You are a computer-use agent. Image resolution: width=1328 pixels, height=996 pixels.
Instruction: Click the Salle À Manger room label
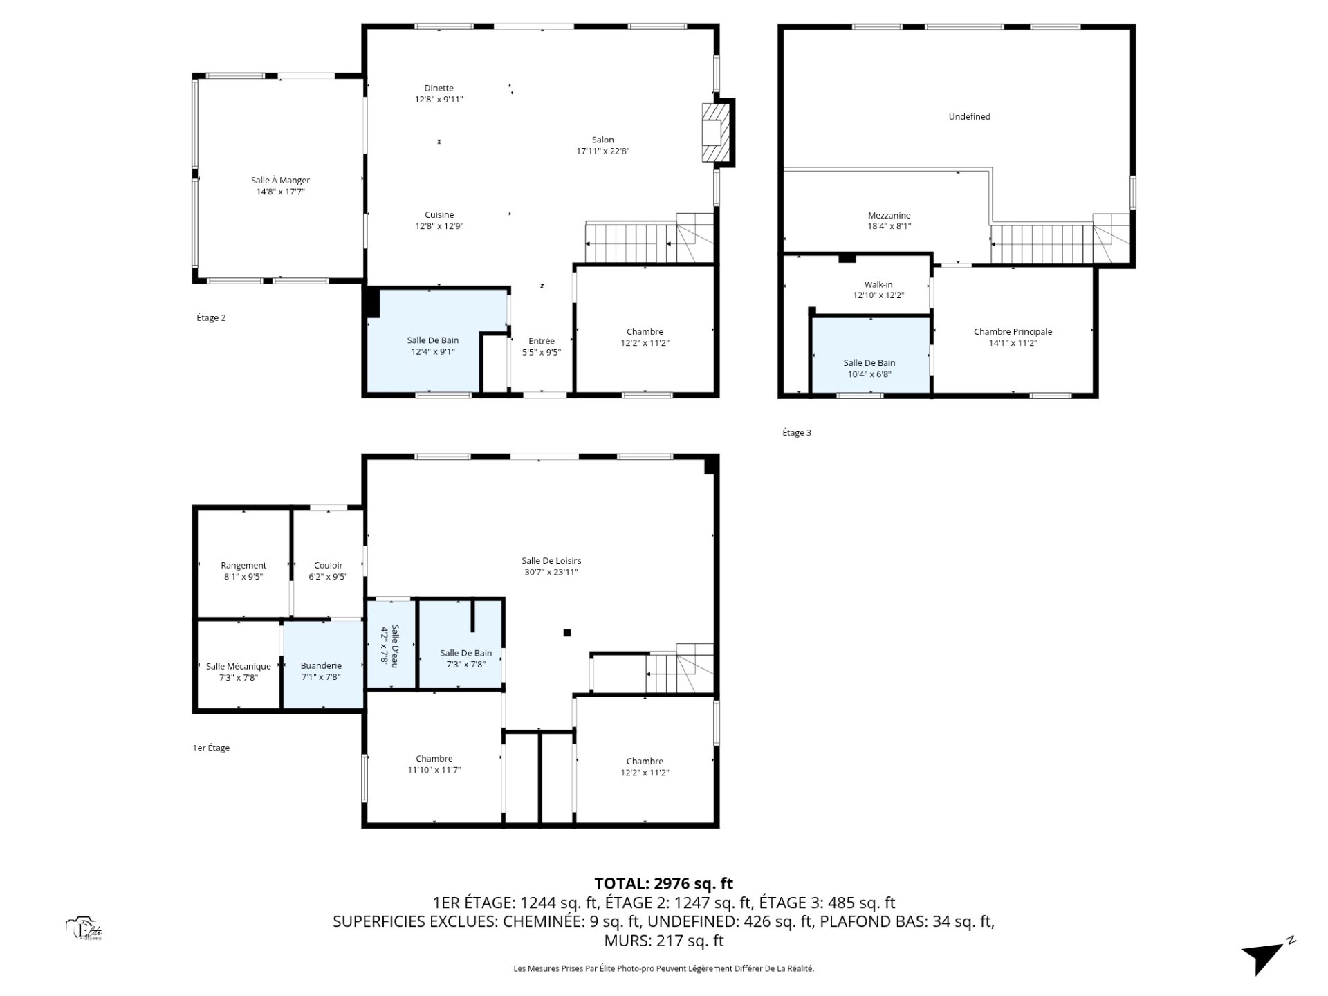pyautogui.click(x=280, y=181)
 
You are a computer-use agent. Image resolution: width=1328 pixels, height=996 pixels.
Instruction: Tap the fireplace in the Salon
pyautogui.click(x=717, y=133)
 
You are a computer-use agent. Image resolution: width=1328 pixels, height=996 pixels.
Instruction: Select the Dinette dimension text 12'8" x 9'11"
pyautogui.click(x=439, y=100)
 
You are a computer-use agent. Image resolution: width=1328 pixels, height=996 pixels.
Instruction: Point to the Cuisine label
pyautogui.click(x=439, y=215)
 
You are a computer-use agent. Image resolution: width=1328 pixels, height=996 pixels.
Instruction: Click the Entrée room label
pyautogui.click(x=542, y=341)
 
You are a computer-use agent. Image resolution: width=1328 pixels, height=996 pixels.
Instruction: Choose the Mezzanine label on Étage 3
pyautogui.click(x=889, y=215)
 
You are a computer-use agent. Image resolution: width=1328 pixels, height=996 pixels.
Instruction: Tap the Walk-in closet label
pyautogui.click(x=878, y=284)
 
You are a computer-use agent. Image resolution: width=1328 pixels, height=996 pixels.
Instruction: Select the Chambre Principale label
pyautogui.click(x=1013, y=332)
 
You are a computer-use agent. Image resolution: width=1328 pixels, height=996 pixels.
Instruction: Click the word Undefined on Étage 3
pyautogui.click(x=970, y=117)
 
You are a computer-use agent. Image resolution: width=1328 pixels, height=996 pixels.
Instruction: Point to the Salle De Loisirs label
pyautogui.click(x=551, y=561)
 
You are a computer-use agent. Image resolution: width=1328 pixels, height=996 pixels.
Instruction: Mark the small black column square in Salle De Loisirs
pyautogui.click(x=567, y=632)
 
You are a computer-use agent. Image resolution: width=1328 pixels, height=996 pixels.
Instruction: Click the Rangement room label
pyautogui.click(x=243, y=566)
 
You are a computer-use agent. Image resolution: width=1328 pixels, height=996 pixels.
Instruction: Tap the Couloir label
pyautogui.click(x=328, y=566)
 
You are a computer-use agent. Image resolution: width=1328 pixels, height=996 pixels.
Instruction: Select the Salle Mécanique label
pyautogui.click(x=239, y=667)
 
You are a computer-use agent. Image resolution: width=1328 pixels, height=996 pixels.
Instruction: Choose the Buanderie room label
pyautogui.click(x=321, y=666)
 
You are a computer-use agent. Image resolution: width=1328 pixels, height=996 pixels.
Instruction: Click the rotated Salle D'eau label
pyautogui.click(x=395, y=645)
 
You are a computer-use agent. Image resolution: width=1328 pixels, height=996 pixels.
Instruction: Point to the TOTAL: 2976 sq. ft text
pyautogui.click(x=664, y=883)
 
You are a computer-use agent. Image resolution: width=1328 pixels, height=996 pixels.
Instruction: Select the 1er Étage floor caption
pyautogui.click(x=211, y=748)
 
